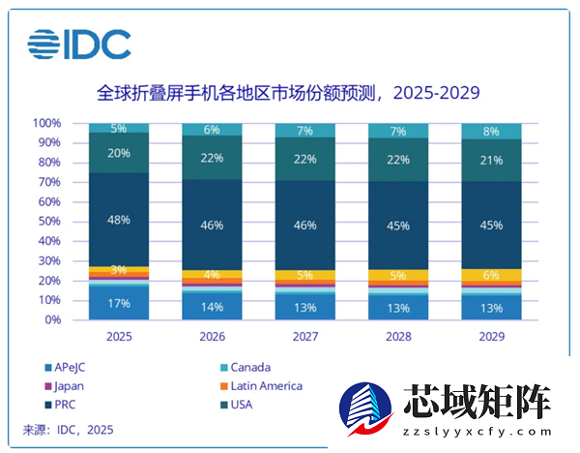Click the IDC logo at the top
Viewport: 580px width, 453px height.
click(x=79, y=44)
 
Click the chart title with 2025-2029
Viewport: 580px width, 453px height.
click(x=289, y=94)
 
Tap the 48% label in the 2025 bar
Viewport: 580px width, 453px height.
click(x=119, y=220)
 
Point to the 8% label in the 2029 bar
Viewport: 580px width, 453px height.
click(x=492, y=132)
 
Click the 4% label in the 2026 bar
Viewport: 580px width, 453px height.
click(x=212, y=275)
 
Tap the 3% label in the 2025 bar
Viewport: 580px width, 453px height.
click(x=119, y=270)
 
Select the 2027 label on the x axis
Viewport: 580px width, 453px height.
click(x=305, y=337)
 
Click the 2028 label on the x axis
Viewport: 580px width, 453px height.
click(x=398, y=337)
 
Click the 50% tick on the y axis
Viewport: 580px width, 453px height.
click(x=50, y=222)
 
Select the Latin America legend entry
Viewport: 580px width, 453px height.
click(x=267, y=385)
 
